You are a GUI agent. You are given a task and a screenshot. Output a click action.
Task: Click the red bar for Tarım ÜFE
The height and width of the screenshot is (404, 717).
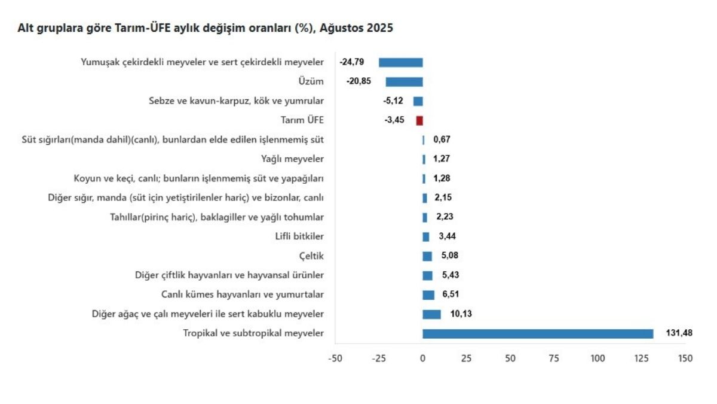(419, 120)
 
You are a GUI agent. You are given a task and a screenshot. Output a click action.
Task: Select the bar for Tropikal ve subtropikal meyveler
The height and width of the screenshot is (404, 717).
(538, 333)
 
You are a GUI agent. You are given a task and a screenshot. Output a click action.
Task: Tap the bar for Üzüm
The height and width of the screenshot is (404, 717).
(404, 82)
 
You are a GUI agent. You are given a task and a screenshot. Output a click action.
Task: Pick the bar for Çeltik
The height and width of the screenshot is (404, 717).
(427, 256)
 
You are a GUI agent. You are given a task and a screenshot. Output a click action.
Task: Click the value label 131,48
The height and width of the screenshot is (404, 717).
(679, 333)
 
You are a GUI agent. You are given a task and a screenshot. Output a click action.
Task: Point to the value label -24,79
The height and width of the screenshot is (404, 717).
(352, 62)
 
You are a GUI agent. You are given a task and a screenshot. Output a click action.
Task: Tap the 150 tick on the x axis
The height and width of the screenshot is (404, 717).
(685, 359)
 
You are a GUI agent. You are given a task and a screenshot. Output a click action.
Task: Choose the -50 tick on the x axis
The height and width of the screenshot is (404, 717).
(335, 359)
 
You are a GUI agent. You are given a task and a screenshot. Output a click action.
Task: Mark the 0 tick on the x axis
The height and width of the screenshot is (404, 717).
(422, 359)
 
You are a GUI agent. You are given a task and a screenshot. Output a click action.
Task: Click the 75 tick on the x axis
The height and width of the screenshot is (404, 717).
(554, 359)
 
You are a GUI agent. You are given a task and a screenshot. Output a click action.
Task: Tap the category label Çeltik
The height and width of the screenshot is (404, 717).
(311, 256)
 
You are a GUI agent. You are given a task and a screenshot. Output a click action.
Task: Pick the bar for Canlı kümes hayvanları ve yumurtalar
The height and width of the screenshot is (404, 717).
(428, 295)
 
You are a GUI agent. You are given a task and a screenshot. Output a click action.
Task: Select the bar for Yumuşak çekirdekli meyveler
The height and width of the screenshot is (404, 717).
(401, 62)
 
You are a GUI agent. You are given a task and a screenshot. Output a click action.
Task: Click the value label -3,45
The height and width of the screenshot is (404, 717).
(394, 120)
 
